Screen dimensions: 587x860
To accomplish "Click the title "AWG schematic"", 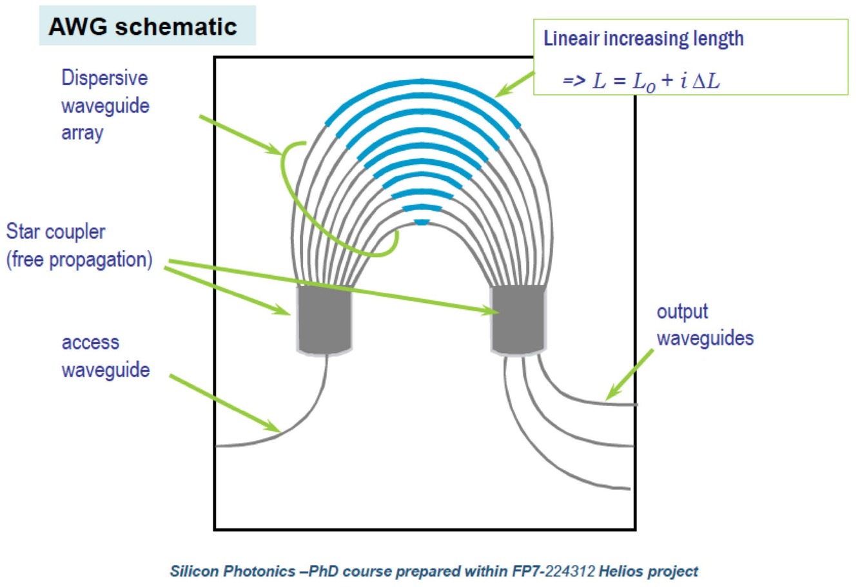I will click(x=142, y=26).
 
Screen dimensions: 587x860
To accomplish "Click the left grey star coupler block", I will click(x=324, y=319).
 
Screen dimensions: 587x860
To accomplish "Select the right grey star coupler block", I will click(x=519, y=319).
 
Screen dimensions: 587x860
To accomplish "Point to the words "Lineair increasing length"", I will click(x=643, y=39).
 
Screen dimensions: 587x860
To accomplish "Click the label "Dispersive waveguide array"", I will click(x=105, y=105).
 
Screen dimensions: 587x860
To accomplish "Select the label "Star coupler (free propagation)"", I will click(x=79, y=245).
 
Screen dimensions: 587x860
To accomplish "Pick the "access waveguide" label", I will click(x=105, y=356).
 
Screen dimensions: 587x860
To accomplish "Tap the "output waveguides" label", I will click(x=705, y=325).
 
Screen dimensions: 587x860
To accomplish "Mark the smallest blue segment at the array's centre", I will click(x=421, y=222).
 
